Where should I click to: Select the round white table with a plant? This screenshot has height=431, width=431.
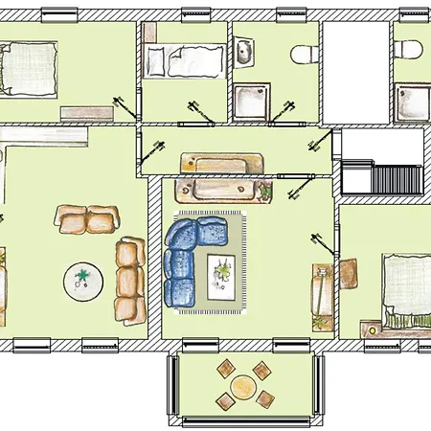tap(83, 281)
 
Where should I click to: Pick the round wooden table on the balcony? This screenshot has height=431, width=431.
tap(243, 389)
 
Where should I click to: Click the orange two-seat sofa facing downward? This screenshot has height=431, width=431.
tap(88, 219)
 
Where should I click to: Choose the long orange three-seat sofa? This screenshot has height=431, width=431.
tap(128, 281)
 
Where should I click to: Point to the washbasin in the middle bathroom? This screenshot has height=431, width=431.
tap(244, 54)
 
